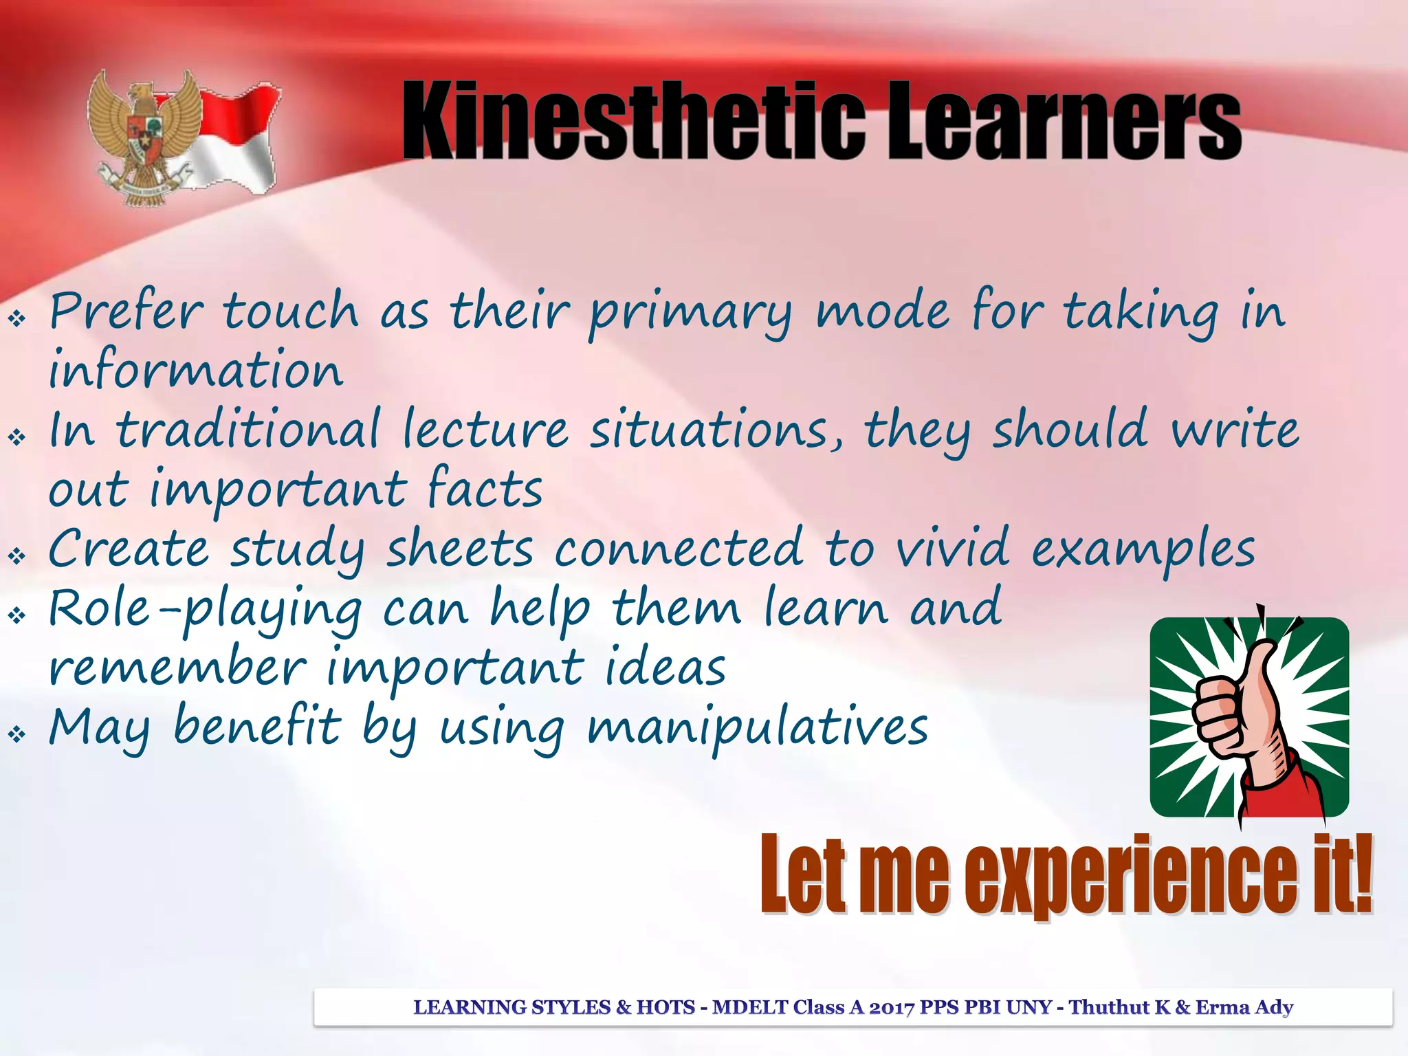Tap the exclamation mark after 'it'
tap(1360, 873)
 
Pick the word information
tap(196, 370)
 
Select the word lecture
tap(485, 430)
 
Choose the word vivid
tap(953, 549)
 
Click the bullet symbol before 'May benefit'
tap(16, 734)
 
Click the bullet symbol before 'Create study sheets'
tap(16, 555)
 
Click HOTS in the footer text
tap(665, 1007)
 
